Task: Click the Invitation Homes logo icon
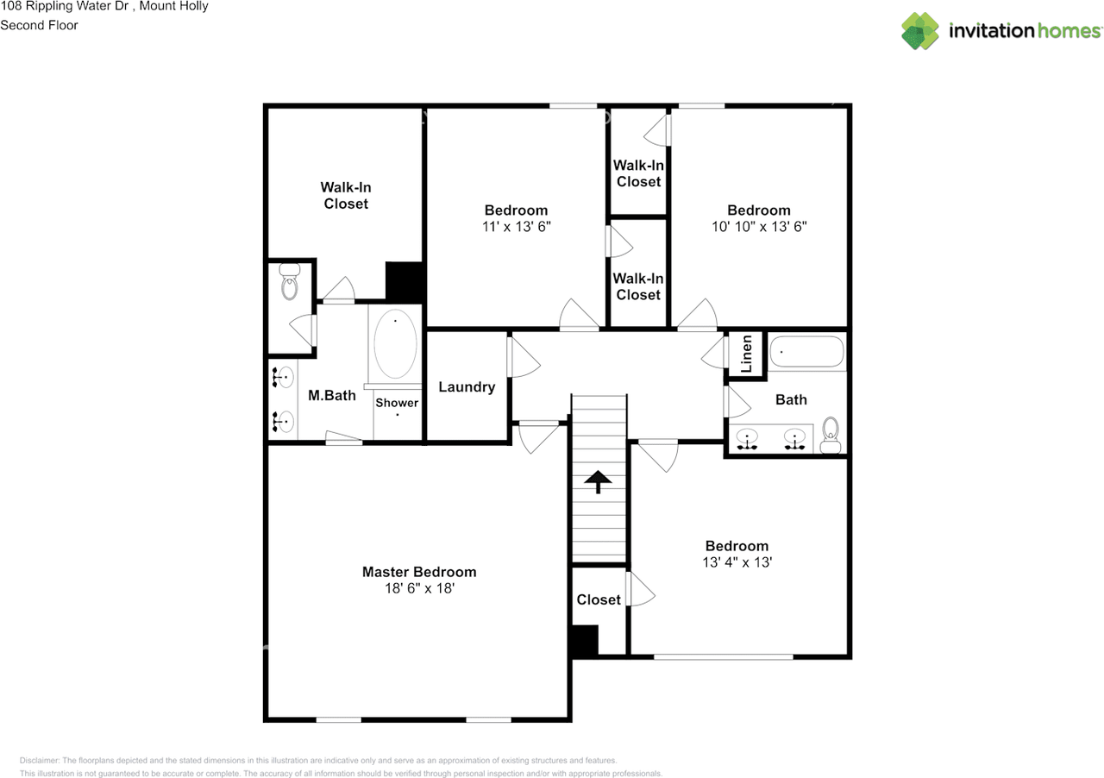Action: click(920, 31)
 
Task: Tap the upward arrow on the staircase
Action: click(598, 480)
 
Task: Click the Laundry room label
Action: click(467, 387)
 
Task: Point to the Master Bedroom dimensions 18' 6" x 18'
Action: click(418, 588)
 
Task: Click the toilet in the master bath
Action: click(290, 283)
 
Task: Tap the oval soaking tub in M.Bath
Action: click(396, 343)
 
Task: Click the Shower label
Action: click(397, 403)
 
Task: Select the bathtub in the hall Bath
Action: click(806, 352)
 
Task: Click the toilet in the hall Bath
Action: click(831, 433)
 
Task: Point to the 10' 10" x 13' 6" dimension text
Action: click(758, 227)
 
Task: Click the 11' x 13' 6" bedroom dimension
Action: click(516, 227)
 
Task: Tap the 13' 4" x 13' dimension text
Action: click(737, 562)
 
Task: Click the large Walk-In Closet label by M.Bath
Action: click(346, 196)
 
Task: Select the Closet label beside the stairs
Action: click(599, 599)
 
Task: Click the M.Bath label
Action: click(332, 396)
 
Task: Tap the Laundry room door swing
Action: click(523, 358)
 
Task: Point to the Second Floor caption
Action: click(39, 25)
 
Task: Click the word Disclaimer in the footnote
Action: click(40, 761)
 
